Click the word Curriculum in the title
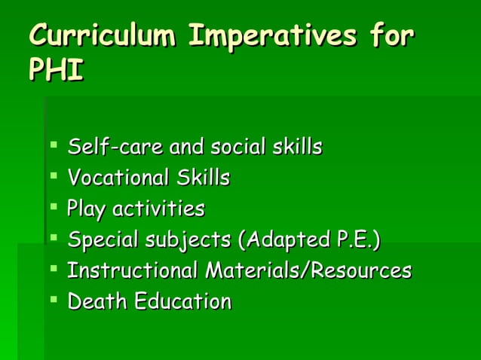click(103, 35)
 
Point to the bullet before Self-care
click(54, 143)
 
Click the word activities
click(158, 208)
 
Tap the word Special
click(98, 240)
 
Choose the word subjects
click(185, 240)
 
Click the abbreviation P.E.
click(356, 240)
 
